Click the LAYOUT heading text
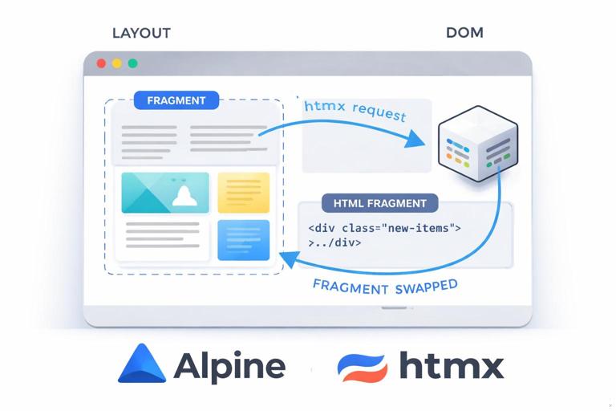(x=141, y=33)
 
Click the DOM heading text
(x=464, y=33)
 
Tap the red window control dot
(x=101, y=63)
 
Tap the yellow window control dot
(x=116, y=63)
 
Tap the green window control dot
(x=132, y=63)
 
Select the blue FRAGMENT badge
(x=176, y=100)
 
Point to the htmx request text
(x=355, y=110)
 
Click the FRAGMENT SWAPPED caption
(x=385, y=287)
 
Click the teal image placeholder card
(x=164, y=193)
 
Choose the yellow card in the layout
(x=243, y=193)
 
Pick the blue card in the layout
(x=243, y=239)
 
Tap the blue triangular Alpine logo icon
(x=141, y=364)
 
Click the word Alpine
(x=229, y=366)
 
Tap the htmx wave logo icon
(x=362, y=366)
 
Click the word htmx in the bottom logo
(x=451, y=366)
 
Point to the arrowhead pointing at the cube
(x=418, y=140)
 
